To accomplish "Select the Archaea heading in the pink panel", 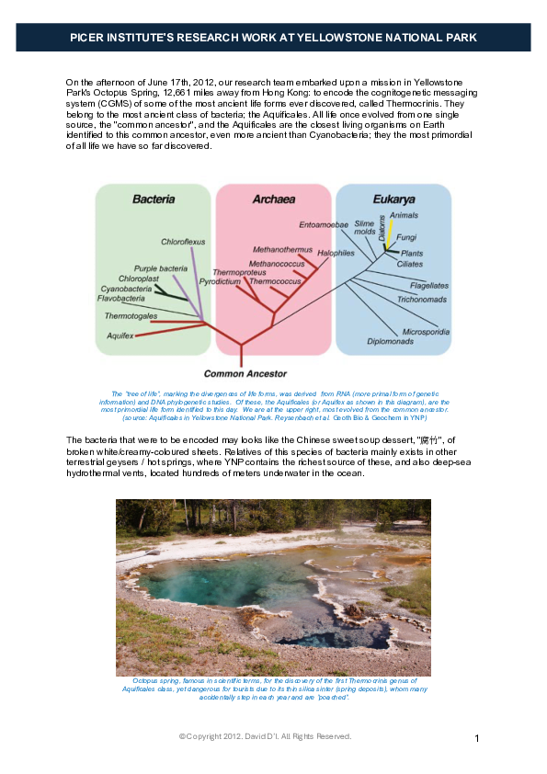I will click(x=273, y=199).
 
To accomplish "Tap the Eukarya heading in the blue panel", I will click(x=393, y=199).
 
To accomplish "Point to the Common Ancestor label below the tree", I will click(x=245, y=373).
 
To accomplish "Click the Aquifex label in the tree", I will click(x=120, y=336).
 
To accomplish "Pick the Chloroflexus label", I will click(x=183, y=242).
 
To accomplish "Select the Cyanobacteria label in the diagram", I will click(x=127, y=289).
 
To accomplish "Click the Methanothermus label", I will click(x=283, y=249).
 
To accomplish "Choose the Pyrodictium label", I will click(x=220, y=281).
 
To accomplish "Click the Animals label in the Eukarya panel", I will click(x=404, y=216).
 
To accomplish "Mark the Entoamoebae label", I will click(x=324, y=224).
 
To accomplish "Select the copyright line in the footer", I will click(x=265, y=736).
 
